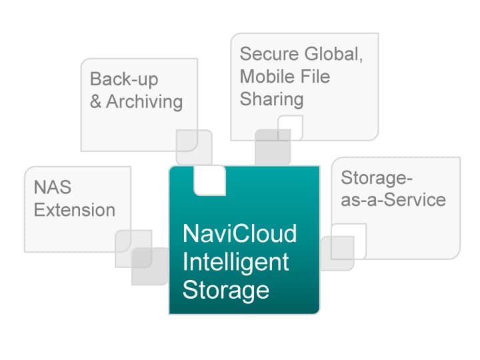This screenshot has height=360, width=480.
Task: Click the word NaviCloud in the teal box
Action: coord(240,233)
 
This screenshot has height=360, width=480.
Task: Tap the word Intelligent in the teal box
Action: coord(236,263)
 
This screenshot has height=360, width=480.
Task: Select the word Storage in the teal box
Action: coord(226,290)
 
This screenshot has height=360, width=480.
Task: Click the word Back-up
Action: coord(124,79)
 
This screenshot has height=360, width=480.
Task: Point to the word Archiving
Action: coord(145,101)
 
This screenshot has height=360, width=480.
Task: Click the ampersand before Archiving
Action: coord(95,101)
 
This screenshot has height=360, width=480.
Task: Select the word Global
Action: coord(333,54)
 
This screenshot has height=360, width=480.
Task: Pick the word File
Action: coord(315,76)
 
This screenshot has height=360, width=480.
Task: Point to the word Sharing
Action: coord(272,99)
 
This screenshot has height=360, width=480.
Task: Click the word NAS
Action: coord(53,187)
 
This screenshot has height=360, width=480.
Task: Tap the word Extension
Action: coord(75,210)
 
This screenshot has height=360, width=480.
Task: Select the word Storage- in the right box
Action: coord(377,178)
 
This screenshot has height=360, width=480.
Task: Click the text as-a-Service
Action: coord(393,200)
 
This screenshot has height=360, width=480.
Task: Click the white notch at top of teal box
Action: coord(210,181)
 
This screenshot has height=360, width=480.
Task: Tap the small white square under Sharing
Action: coord(290,127)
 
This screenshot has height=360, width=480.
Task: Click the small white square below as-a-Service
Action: coord(349,241)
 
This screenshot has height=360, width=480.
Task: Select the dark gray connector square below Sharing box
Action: coord(273,147)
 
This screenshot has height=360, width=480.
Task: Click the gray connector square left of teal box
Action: coord(150,266)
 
